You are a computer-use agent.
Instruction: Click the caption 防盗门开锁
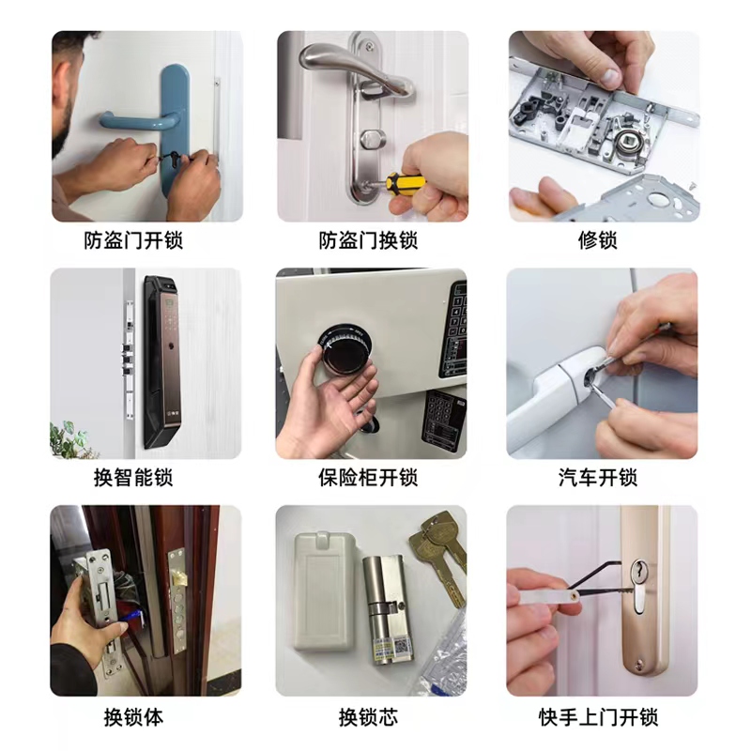(133, 240)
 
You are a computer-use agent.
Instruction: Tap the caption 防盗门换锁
(368, 240)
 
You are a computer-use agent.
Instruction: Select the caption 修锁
(598, 240)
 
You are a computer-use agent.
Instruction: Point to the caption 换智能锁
(133, 478)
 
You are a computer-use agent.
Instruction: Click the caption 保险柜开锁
(368, 478)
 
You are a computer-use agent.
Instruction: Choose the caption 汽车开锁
(598, 478)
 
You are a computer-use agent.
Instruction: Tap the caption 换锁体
(133, 717)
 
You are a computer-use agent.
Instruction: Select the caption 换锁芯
(368, 717)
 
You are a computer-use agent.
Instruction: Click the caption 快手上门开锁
(598, 717)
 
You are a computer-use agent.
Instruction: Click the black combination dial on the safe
(345, 348)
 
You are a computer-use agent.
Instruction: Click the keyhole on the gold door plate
(639, 586)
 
